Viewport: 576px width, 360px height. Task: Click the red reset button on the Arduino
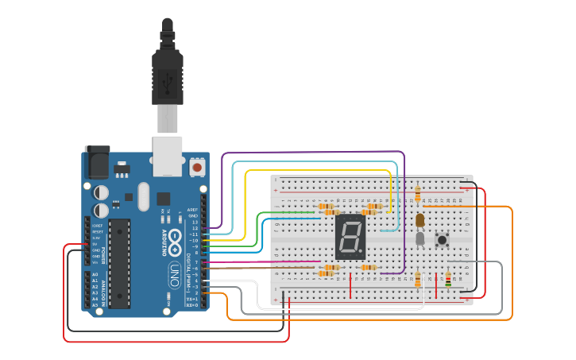point(196,167)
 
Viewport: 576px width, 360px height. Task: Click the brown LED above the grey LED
point(419,219)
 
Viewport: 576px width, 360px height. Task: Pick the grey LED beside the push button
point(419,238)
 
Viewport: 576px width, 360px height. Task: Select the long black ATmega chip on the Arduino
point(119,263)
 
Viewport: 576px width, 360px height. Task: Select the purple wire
point(318,152)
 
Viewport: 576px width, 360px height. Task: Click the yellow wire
point(318,170)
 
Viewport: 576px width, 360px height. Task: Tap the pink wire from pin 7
point(262,261)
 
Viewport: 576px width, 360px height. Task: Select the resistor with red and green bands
point(447,279)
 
